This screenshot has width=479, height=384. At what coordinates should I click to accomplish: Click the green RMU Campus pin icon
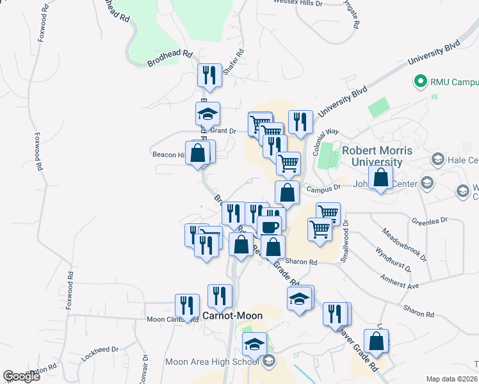tap(421, 82)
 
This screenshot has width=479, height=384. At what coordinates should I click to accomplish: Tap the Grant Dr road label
tap(223, 131)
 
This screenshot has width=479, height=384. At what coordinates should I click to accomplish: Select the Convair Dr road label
tap(145, 367)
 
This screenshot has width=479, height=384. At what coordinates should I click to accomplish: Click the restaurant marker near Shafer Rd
tap(209, 76)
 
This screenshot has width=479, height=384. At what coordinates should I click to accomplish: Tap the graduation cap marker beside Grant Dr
tap(207, 114)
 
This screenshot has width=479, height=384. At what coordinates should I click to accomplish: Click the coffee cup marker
tap(270, 227)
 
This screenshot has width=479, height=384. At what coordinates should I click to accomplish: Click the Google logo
tap(20, 376)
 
